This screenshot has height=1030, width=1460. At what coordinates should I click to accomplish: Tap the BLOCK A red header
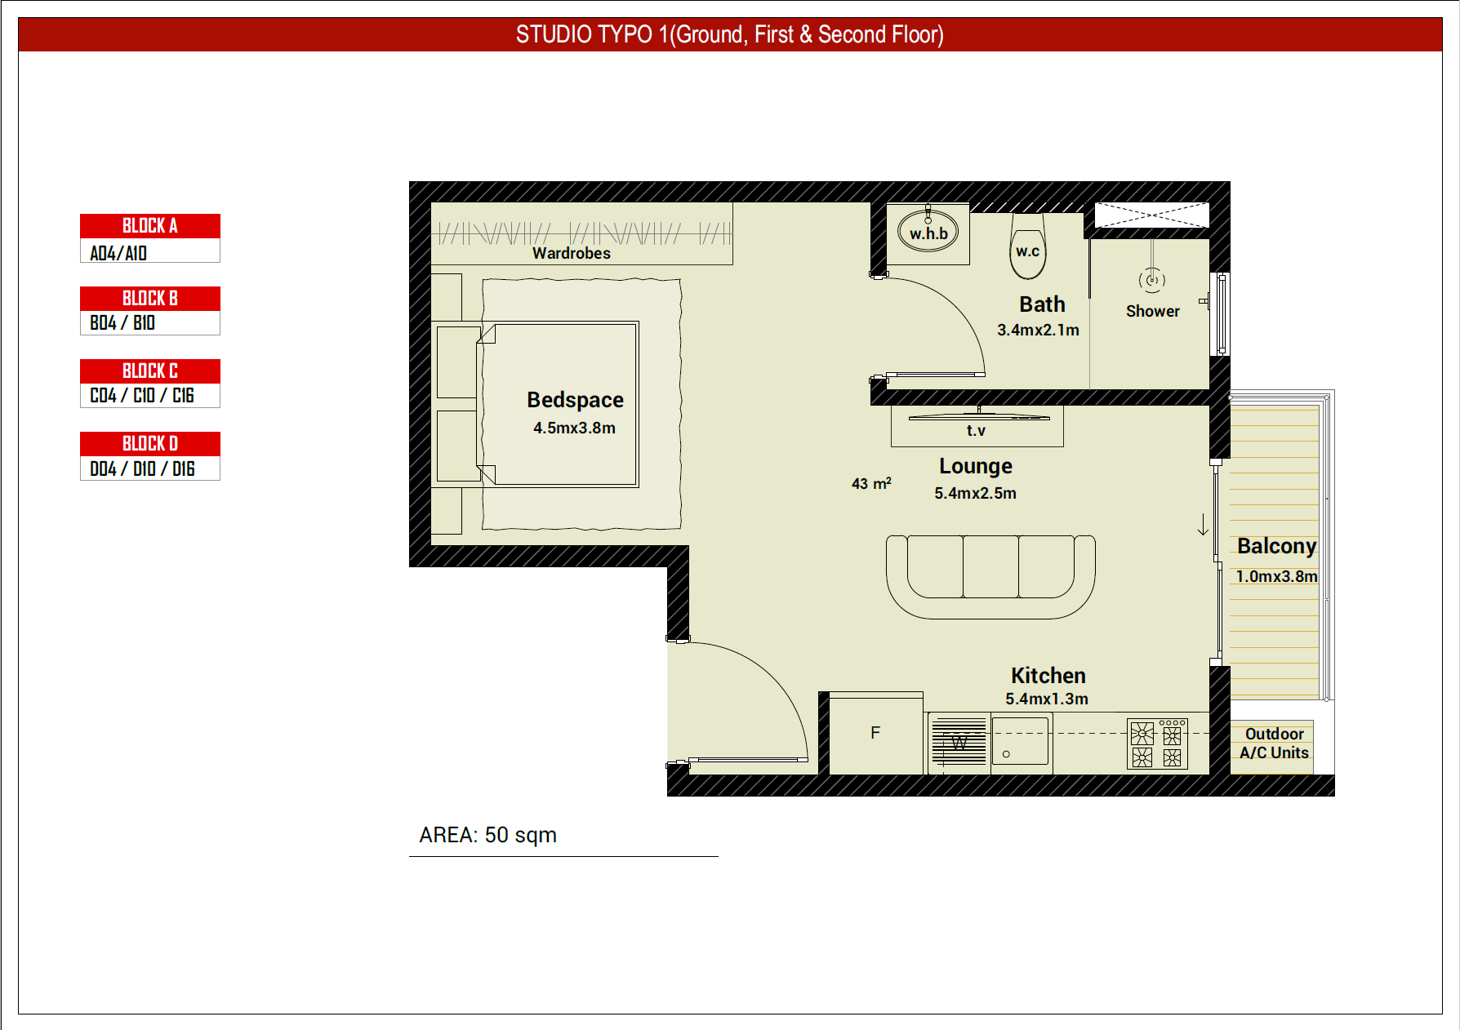pos(150,226)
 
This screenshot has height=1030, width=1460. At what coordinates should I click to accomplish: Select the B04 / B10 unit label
pos(122,323)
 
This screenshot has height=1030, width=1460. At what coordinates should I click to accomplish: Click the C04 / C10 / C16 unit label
pos(142,396)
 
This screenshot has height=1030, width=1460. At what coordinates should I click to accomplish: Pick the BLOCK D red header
pos(150,444)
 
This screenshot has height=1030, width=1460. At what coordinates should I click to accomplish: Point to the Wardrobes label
pos(572,253)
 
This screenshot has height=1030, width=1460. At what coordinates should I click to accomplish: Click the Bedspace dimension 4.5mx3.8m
pos(574,428)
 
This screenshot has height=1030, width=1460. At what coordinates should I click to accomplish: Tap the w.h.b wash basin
pos(928,231)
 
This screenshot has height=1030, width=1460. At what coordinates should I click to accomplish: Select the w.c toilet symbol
pos(1028,246)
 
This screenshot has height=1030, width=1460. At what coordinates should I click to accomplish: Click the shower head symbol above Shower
pos(1152,280)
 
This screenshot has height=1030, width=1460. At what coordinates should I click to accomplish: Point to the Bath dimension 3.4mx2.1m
pos(1038,330)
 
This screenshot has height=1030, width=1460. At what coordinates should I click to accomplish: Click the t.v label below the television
pos(976,430)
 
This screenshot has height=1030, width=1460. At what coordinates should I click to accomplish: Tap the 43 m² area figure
pos(871,483)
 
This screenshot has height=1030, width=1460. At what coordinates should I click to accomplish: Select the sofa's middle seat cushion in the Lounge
pos(990,567)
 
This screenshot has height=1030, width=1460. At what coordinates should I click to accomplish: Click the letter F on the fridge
pos(875,733)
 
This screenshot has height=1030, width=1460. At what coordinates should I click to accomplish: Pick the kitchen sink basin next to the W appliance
pos(1020,742)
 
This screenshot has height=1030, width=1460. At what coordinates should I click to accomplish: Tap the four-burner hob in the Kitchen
pos(1157,744)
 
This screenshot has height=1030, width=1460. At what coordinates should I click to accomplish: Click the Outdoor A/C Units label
pos(1274,744)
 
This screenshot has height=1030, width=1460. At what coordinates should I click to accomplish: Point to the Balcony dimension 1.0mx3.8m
pos(1276,576)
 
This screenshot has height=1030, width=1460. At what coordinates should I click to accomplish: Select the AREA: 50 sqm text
pos(487,835)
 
